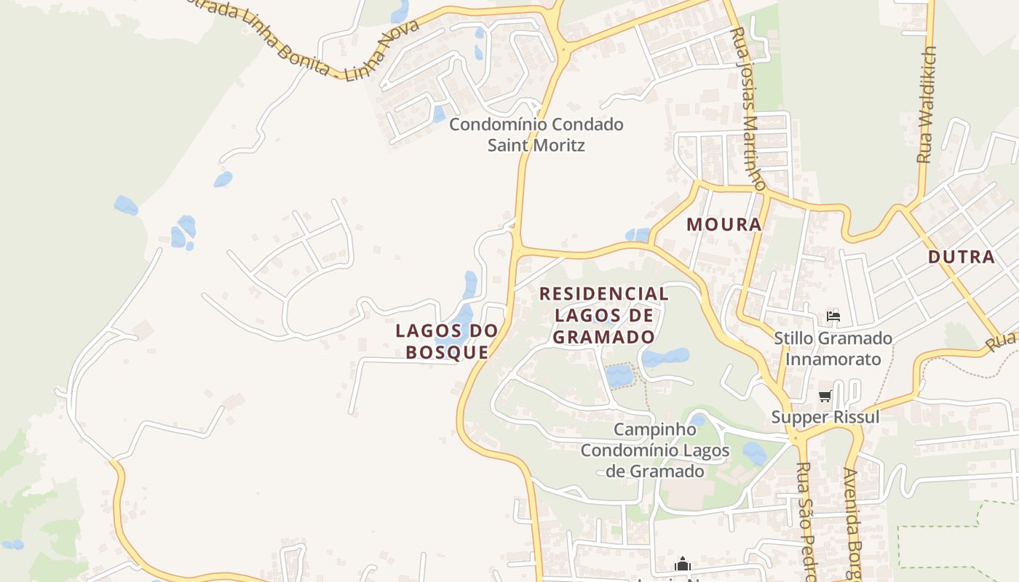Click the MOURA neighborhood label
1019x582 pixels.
click(x=724, y=224)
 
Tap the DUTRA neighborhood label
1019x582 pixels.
click(x=961, y=256)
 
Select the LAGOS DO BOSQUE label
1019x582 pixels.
click(x=447, y=341)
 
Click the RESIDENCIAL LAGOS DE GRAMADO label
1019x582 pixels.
click(x=603, y=315)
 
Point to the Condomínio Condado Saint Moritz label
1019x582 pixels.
click(x=536, y=134)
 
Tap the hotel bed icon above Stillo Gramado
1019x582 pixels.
click(x=833, y=316)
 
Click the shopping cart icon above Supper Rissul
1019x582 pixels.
click(x=825, y=396)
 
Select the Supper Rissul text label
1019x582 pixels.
click(x=825, y=418)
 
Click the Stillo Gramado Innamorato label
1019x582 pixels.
click(x=833, y=348)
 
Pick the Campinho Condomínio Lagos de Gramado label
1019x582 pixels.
click(x=655, y=450)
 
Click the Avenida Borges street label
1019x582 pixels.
click(x=852, y=524)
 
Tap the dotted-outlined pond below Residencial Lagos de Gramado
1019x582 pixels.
click(x=619, y=375)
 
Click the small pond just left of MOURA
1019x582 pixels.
click(x=638, y=234)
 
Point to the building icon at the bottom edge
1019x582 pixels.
click(x=682, y=564)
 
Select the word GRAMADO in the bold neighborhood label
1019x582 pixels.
click(x=603, y=337)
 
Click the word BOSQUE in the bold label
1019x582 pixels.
click(x=447, y=352)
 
